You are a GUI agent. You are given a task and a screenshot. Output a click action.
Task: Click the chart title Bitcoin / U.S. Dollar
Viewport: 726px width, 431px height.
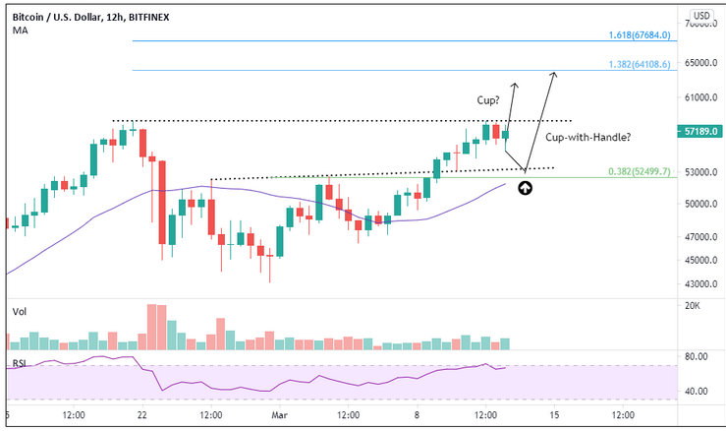(59, 17)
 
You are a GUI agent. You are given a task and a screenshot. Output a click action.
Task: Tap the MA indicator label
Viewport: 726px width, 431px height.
(20, 31)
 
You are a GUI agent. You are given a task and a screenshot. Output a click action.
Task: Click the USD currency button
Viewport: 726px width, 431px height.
(700, 16)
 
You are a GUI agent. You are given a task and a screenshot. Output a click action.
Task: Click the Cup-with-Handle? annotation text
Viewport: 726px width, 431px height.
(588, 137)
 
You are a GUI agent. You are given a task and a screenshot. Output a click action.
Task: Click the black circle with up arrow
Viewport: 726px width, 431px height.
(526, 187)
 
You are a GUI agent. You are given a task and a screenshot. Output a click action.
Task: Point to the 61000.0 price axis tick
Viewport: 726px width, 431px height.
(700, 97)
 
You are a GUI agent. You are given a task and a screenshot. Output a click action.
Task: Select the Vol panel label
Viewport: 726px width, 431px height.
(19, 311)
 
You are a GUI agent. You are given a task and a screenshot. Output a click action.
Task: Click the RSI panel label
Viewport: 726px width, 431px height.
(19, 364)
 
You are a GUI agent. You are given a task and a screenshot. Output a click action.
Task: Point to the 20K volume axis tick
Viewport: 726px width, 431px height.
(692, 307)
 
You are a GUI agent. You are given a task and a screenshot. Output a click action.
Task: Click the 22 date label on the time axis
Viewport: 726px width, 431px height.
(143, 414)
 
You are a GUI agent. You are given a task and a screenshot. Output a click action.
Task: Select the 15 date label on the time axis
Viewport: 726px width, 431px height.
(555, 414)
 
